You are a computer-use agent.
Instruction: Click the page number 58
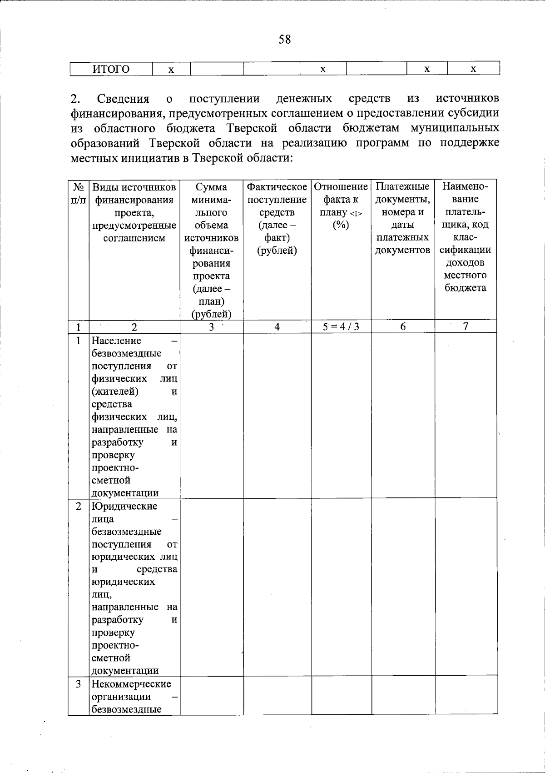(285, 40)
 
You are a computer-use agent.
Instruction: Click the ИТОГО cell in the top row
(111, 69)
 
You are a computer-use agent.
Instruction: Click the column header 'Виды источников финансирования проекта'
(134, 212)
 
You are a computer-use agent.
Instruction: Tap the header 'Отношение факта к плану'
(341, 200)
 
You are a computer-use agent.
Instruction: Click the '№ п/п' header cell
(79, 193)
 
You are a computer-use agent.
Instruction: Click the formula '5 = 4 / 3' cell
(341, 326)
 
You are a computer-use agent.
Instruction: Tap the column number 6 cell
(403, 326)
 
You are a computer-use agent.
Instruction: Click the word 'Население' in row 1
(116, 341)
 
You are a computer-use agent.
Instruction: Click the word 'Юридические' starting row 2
(124, 507)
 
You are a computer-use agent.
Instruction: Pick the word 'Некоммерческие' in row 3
(131, 684)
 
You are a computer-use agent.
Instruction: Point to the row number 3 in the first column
(79, 684)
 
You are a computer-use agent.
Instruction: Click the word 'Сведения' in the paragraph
(123, 99)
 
